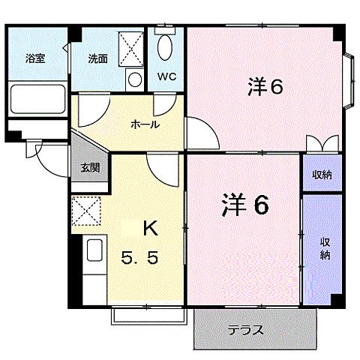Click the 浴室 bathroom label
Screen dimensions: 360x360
pos(34,58)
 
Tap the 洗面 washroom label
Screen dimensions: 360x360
pos(98,58)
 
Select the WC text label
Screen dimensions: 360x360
pos(166,76)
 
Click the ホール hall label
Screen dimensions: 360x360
pos(144,124)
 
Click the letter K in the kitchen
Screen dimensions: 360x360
pos(150,226)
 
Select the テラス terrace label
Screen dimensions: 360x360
pos(246,330)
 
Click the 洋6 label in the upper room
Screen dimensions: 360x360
pos(265,88)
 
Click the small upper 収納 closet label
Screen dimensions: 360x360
pos(322,175)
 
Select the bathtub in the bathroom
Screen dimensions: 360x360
pos(37,98)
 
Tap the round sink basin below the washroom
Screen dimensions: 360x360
pos(134,79)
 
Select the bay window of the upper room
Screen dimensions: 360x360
pos(347,77)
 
